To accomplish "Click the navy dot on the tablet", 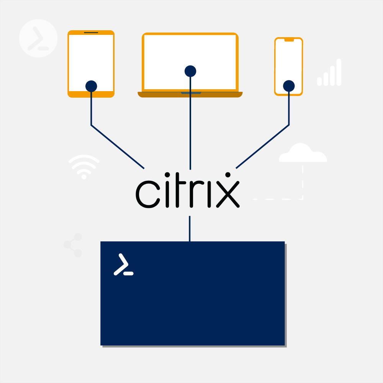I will point(91,86).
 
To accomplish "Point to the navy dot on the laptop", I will point(190,71).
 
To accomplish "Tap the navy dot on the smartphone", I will point(289,86).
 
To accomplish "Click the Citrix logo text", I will point(188,191).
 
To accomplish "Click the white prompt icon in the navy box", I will point(123,265).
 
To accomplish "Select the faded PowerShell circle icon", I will point(38,38).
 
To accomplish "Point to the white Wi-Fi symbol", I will point(84,167).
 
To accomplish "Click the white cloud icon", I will point(303,153).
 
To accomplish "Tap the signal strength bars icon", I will point(329,73).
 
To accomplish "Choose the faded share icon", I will point(73,245).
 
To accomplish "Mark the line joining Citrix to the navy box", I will point(190,229).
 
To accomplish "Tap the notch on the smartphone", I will point(289,40).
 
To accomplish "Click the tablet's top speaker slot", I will point(91,33).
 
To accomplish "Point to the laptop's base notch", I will point(191,93).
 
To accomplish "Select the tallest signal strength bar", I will point(339,72).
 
